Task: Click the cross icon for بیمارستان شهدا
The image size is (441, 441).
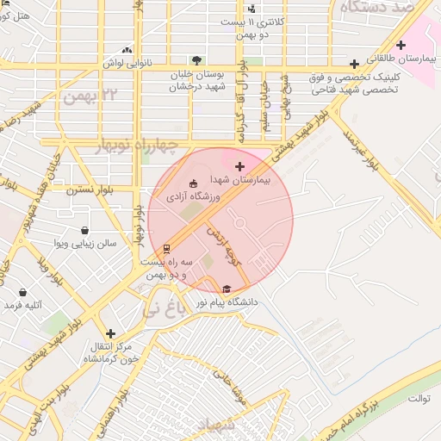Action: click(239, 166)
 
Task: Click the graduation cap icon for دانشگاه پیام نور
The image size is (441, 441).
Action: click(227, 289)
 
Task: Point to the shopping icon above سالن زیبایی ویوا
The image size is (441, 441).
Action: click(84, 230)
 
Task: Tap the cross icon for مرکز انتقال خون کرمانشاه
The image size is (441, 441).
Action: click(110, 333)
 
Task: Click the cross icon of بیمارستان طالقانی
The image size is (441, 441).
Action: click(401, 45)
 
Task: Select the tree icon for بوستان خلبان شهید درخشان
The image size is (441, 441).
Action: click(197, 60)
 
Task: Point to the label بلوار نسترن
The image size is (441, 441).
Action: click(112, 189)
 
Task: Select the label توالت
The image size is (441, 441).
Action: click(419, 398)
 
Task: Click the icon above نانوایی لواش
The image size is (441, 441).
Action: click(127, 50)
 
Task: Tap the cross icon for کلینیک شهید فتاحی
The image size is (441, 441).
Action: click(354, 64)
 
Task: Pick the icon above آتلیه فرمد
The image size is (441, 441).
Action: click(11, 305)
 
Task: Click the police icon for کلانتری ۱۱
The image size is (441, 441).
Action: click(252, 9)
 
